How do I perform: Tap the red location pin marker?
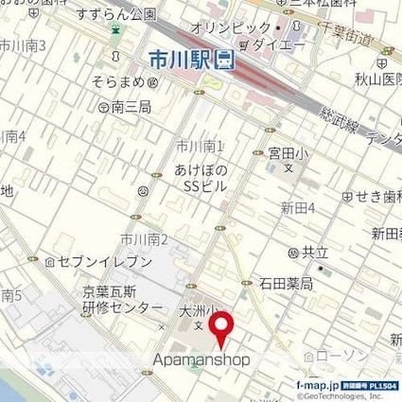(222, 330)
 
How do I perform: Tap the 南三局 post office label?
(131, 109)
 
